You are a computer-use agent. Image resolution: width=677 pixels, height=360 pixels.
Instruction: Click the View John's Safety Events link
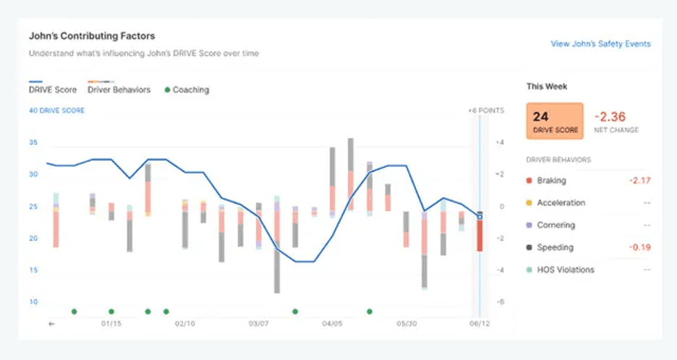click(x=600, y=43)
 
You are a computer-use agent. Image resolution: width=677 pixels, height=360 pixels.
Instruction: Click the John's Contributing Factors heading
click(x=92, y=35)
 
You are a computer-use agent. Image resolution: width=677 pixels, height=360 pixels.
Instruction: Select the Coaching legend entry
click(x=186, y=90)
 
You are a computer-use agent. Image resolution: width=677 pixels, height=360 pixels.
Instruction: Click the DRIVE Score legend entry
click(x=54, y=90)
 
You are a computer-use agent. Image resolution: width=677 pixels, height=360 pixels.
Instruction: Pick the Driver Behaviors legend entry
click(x=119, y=90)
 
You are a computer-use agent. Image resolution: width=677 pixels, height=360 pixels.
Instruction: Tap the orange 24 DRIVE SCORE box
click(x=554, y=121)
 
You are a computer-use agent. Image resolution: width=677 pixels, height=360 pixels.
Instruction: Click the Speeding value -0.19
click(x=638, y=247)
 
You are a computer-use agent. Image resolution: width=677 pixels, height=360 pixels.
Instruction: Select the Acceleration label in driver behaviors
click(x=561, y=203)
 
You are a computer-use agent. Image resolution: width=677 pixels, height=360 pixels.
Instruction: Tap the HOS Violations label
click(x=565, y=270)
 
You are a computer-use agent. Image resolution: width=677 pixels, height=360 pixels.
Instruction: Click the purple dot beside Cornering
click(x=529, y=226)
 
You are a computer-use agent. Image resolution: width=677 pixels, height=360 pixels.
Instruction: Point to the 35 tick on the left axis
click(x=33, y=142)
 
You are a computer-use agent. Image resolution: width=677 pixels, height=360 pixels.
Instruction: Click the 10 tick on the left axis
click(x=33, y=301)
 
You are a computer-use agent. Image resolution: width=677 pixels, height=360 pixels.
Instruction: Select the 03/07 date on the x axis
click(x=259, y=324)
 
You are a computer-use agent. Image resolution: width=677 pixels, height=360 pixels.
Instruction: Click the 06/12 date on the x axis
click(x=480, y=324)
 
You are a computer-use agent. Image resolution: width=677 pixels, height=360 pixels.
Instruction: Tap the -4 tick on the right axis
click(x=499, y=270)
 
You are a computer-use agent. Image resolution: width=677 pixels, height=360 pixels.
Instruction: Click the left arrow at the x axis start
click(x=51, y=324)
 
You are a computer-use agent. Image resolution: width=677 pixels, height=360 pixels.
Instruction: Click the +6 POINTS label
click(x=485, y=111)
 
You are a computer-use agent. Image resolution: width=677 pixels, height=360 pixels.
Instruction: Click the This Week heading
click(x=547, y=87)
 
